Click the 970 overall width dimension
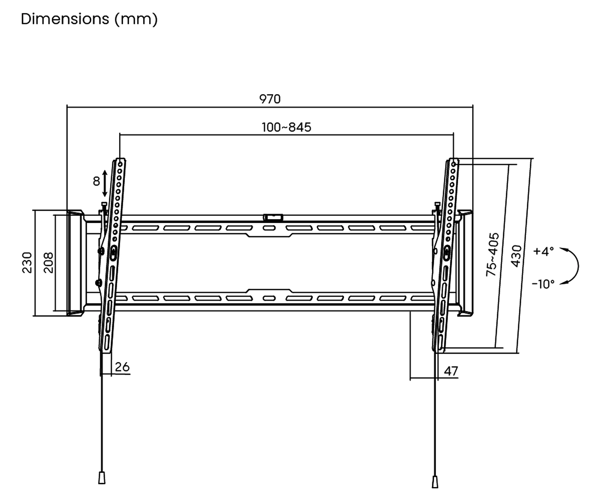(x=270, y=99)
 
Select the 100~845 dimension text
(x=286, y=127)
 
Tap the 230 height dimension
(x=27, y=263)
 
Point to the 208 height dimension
(x=48, y=263)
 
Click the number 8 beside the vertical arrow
(x=96, y=181)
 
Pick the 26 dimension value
(x=122, y=367)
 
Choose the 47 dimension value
(x=451, y=371)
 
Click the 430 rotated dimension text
(x=516, y=256)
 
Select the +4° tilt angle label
(x=544, y=251)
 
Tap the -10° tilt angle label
(x=543, y=284)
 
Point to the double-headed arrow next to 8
(x=105, y=183)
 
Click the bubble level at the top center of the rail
(x=273, y=218)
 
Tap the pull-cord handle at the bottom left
(x=102, y=478)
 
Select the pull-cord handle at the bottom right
(x=435, y=482)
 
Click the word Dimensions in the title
(x=65, y=19)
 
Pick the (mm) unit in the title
(x=136, y=19)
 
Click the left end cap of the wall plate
(x=75, y=263)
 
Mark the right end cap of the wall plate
(x=464, y=263)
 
